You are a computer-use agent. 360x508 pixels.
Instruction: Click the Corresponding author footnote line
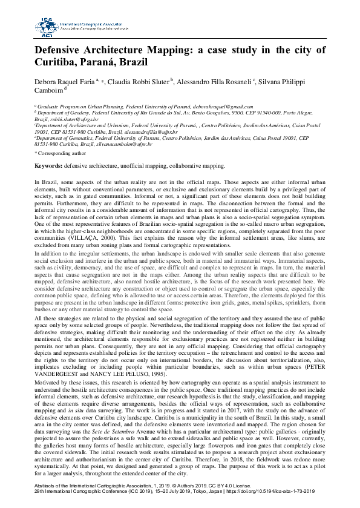[60, 154]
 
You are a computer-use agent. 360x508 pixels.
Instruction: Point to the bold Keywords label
[48, 165]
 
